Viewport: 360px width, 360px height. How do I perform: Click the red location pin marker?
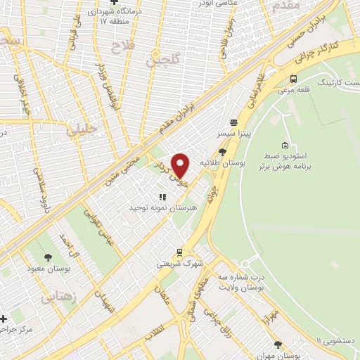point(180,165)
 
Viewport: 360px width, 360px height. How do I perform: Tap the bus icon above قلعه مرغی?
point(293,79)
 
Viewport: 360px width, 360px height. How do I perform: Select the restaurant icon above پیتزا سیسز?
point(233,122)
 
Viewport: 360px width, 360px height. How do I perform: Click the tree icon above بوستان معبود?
point(48,257)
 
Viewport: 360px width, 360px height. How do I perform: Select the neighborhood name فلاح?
point(120,46)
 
